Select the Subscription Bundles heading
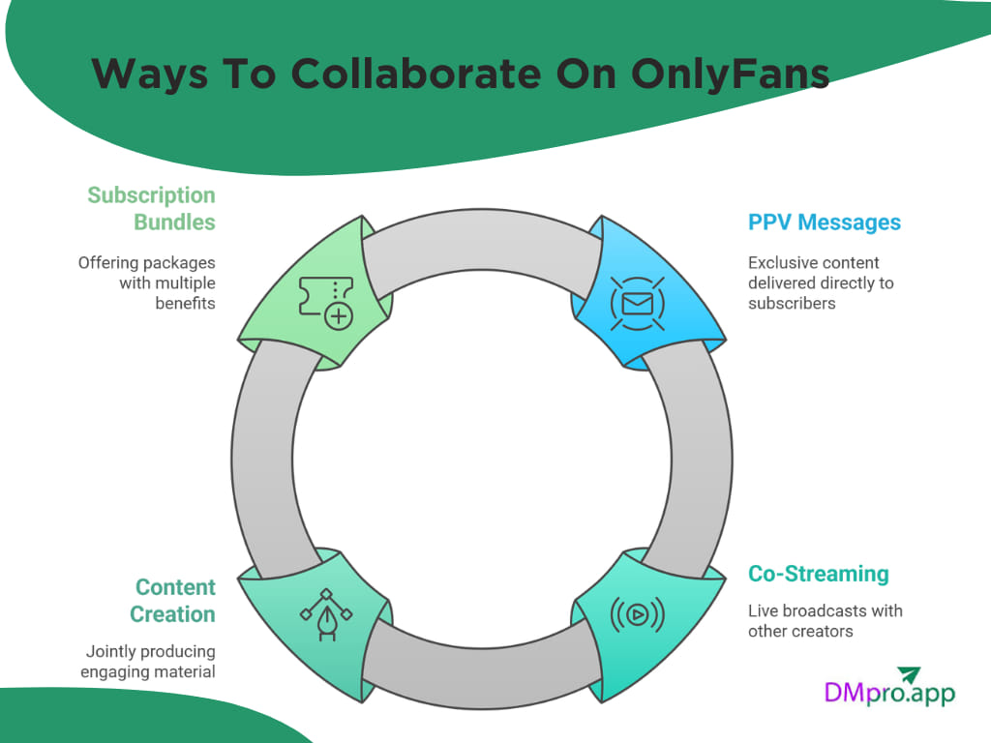click(152, 208)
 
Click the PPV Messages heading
click(824, 223)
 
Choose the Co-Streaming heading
click(818, 574)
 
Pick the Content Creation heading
click(175, 601)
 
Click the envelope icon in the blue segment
click(637, 304)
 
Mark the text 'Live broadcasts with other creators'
click(825, 621)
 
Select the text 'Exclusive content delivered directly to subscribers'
click(821, 282)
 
